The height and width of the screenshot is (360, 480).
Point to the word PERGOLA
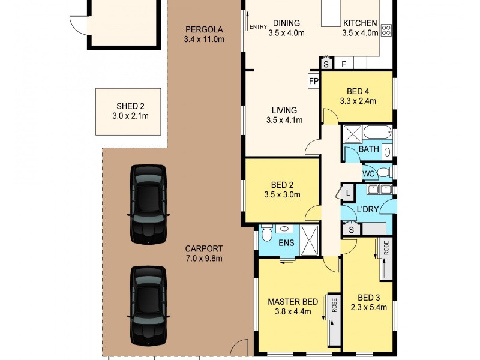coord(204,29)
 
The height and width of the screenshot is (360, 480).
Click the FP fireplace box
coord(313,81)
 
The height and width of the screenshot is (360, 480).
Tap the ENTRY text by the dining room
coord(258,26)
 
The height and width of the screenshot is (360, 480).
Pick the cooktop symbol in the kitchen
coord(385,29)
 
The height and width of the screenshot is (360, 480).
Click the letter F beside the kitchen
coord(344,64)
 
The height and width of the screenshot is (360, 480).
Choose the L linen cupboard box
coord(347,193)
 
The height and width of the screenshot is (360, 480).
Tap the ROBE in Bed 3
coord(385,258)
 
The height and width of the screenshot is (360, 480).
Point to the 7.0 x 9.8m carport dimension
coord(204,259)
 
